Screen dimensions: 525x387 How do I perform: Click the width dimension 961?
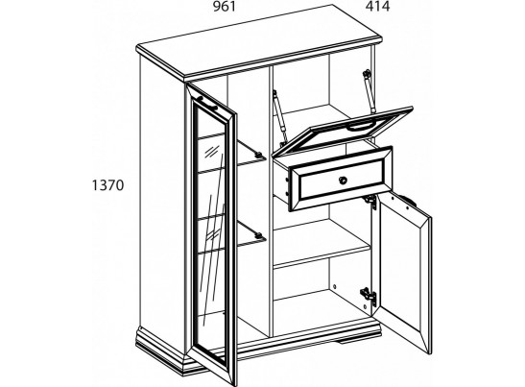[225, 7]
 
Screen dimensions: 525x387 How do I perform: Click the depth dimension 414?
[377, 7]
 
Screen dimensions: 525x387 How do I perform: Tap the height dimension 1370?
[107, 185]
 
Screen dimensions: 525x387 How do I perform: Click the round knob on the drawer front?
[343, 181]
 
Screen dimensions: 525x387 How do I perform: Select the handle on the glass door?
[207, 102]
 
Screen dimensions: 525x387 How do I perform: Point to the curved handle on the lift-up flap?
[359, 126]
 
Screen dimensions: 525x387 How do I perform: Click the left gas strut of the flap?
[279, 115]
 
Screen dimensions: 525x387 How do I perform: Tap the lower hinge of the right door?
[369, 296]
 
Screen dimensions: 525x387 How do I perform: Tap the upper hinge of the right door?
[371, 201]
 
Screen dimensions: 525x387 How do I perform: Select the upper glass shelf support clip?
[258, 155]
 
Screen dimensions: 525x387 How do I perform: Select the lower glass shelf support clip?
[258, 234]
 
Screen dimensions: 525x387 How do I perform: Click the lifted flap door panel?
[343, 133]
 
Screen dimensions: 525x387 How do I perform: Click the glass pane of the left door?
[211, 234]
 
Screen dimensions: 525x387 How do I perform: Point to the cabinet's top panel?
[258, 42]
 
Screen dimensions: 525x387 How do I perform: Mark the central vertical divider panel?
[271, 201]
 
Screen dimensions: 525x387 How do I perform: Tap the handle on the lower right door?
[410, 201]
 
